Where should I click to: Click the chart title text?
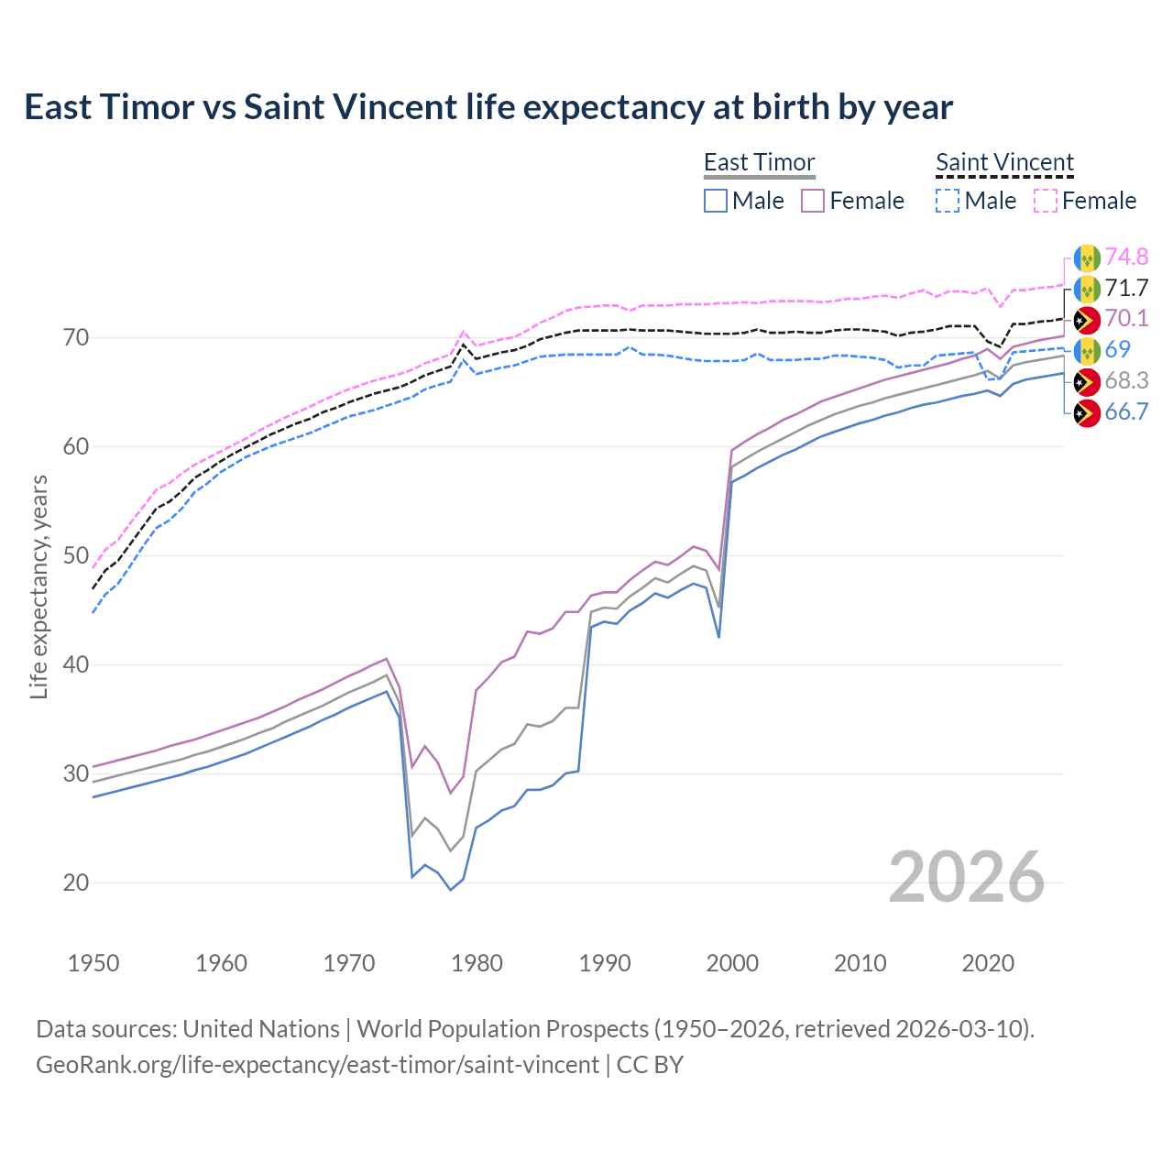488,107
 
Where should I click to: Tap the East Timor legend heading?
759,162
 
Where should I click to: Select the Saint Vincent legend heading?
1004,162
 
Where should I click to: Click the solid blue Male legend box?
716,201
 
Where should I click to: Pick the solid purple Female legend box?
813,201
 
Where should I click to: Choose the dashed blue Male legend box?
948,201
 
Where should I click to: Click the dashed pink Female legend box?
1046,201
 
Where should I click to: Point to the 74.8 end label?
1126,258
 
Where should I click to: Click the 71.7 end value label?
1126,289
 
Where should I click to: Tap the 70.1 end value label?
1126,319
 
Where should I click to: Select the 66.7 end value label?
1126,412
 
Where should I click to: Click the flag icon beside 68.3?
1087,382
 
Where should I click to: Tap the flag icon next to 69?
1087,351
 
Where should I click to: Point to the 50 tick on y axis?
77,556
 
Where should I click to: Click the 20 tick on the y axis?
77,883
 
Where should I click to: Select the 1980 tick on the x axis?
477,963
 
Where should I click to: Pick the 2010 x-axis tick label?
860,963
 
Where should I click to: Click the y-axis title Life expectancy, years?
39,586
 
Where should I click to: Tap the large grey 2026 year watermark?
966,877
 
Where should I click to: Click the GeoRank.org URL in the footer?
317,1065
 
